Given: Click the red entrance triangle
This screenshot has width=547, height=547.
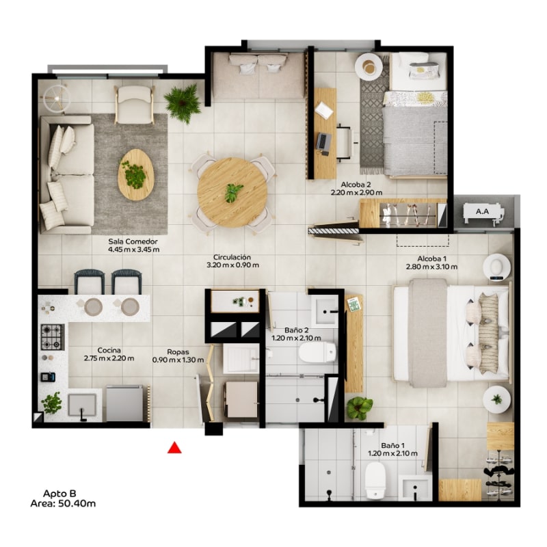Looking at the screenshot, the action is (x=174, y=448).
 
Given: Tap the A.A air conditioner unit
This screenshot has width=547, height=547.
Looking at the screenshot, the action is (x=483, y=212).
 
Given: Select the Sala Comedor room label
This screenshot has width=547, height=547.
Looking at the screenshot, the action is (x=133, y=241).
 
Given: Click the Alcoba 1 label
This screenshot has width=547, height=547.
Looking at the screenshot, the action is (x=432, y=259).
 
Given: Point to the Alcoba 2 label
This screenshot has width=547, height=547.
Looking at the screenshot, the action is (x=356, y=185).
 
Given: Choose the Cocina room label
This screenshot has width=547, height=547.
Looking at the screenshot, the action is (x=109, y=350).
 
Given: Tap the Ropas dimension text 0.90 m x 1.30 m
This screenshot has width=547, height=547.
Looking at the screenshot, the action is (x=178, y=360).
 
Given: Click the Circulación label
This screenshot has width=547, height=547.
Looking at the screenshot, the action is (x=232, y=257).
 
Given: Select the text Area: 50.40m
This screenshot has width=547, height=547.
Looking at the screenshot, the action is (x=63, y=503).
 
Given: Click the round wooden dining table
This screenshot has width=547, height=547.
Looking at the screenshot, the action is (x=232, y=192).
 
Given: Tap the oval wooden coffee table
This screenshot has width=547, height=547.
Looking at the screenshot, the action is (x=136, y=175).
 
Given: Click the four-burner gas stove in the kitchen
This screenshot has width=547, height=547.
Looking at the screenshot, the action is (x=53, y=337).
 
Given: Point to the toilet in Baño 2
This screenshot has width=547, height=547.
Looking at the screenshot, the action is (x=317, y=352).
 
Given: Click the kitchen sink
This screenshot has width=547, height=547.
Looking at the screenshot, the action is (x=82, y=405).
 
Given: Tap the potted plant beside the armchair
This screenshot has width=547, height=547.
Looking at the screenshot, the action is (x=183, y=103).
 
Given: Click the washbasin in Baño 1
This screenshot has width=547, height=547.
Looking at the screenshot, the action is (x=415, y=488).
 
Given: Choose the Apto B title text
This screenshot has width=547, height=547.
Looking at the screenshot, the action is (x=59, y=494).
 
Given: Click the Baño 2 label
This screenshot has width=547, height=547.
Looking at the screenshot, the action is (x=296, y=330).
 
